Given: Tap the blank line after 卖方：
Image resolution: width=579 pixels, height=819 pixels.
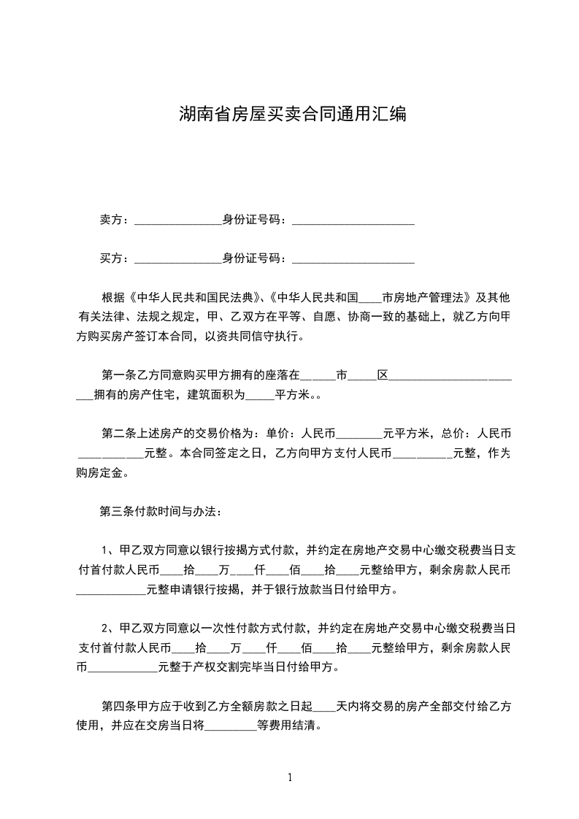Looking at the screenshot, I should pos(178,221).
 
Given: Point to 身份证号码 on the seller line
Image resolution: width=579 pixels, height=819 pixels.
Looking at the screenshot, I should pos(250,220).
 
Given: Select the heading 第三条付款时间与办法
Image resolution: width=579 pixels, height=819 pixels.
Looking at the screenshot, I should pos(156,510).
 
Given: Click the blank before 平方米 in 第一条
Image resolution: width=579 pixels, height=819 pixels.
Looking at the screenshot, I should pos(259,398).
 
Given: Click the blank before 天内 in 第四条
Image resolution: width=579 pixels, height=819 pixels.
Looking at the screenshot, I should pos(324,708).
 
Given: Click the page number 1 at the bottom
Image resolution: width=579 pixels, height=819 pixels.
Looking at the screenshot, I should pos(291,777).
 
